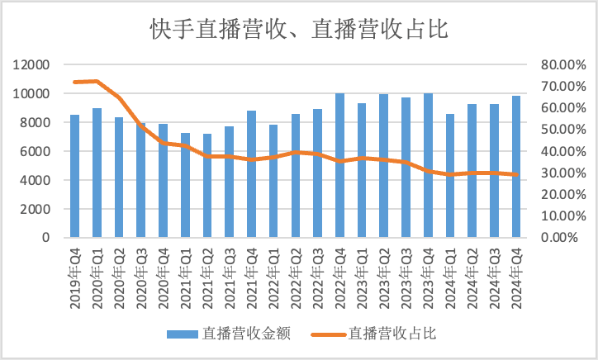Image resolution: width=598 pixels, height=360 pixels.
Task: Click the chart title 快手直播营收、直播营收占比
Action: tap(298, 31)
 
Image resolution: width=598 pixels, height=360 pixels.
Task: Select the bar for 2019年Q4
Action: tap(74, 177)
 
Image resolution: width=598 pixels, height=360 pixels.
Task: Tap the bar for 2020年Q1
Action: tap(97, 173)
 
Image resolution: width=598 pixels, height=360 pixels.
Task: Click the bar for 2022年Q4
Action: tap(339, 166)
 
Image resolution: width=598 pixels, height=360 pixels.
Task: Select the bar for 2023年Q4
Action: tap(428, 166)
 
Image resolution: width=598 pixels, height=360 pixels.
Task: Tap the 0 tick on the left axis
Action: tap(47, 238)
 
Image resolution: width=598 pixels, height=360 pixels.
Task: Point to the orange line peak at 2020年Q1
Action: tap(97, 81)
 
